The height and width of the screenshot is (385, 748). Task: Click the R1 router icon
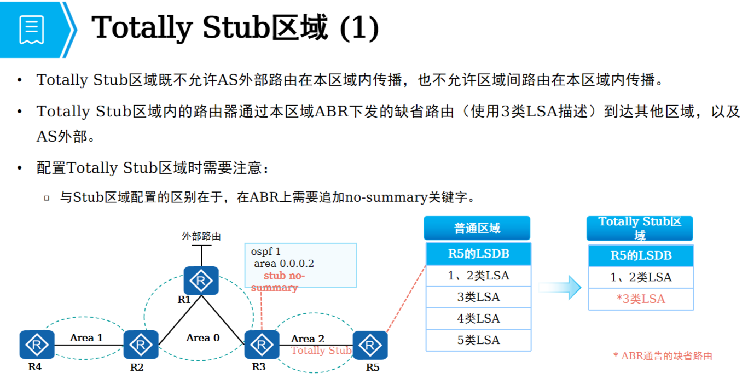201,281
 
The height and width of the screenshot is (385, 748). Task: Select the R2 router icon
141,345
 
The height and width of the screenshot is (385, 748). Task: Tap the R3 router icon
262,345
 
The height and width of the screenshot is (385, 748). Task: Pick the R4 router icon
37,345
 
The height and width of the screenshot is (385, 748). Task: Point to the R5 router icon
370,345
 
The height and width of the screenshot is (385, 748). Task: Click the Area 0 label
202,338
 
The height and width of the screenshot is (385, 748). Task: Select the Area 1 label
86,338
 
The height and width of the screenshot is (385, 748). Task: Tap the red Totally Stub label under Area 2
321,351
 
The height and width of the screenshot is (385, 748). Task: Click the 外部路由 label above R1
201,237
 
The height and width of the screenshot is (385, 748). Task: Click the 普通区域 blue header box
477,228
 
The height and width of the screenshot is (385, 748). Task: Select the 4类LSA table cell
478,319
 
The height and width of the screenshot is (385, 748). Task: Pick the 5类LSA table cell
478,340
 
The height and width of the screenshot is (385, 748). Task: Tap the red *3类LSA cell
640,299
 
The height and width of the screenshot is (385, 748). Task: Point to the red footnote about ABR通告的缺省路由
663,356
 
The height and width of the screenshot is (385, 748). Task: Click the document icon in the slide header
31,30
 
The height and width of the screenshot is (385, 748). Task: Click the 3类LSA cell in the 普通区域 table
478,297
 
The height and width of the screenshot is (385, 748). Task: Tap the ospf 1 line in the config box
266,252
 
